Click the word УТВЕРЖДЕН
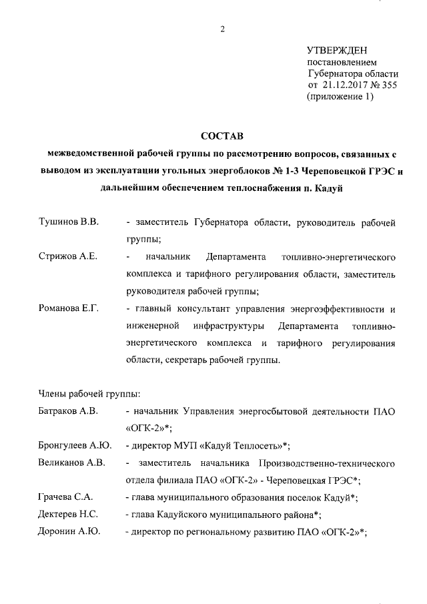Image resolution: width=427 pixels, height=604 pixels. point(337,50)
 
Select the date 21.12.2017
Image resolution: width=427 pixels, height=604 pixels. point(345,85)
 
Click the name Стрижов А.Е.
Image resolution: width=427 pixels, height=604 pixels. point(68,256)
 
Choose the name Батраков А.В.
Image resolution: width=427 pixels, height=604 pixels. point(69,412)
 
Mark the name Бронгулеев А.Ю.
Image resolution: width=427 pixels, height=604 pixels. point(75,445)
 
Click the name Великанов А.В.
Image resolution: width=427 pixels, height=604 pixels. point(72,463)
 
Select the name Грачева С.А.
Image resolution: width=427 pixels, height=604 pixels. point(65,497)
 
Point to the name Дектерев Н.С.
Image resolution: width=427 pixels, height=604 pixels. point(69,515)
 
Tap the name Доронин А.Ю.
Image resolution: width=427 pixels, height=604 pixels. point(69,532)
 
